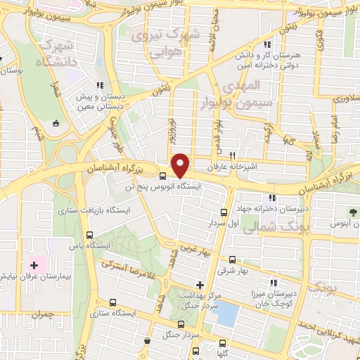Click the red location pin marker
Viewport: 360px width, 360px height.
pyautogui.click(x=181, y=165)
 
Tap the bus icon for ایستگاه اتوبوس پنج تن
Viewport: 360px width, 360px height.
pyautogui.click(x=162, y=176)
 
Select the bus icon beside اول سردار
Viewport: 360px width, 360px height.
pyautogui.click(x=224, y=212)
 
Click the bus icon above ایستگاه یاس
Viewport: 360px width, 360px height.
pyautogui.click(x=89, y=236)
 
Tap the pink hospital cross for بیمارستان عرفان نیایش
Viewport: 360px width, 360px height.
pyautogui.click(x=34, y=265)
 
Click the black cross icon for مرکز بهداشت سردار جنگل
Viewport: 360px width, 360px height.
pyautogui.click(x=200, y=285)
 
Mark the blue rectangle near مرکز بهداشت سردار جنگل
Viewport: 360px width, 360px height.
pyautogui.click(x=226, y=314)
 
